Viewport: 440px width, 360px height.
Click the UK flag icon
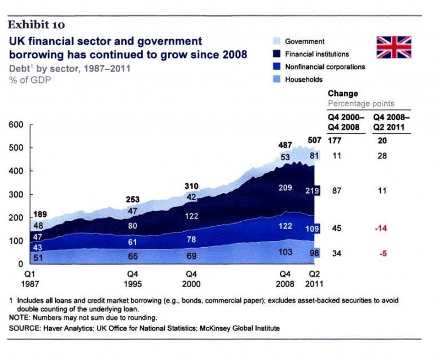[x=394, y=47]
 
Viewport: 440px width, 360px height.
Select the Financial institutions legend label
[x=316, y=54]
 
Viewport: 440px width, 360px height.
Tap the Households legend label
[x=303, y=80]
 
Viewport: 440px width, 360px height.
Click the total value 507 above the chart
[x=314, y=140]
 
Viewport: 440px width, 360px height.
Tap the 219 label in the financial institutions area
[x=313, y=191]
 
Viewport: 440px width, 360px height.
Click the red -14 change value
[x=382, y=229]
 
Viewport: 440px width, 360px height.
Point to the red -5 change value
[x=382, y=253]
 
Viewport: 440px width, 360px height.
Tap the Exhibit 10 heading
[x=37, y=24]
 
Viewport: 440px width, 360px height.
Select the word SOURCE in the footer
[x=28, y=328]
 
